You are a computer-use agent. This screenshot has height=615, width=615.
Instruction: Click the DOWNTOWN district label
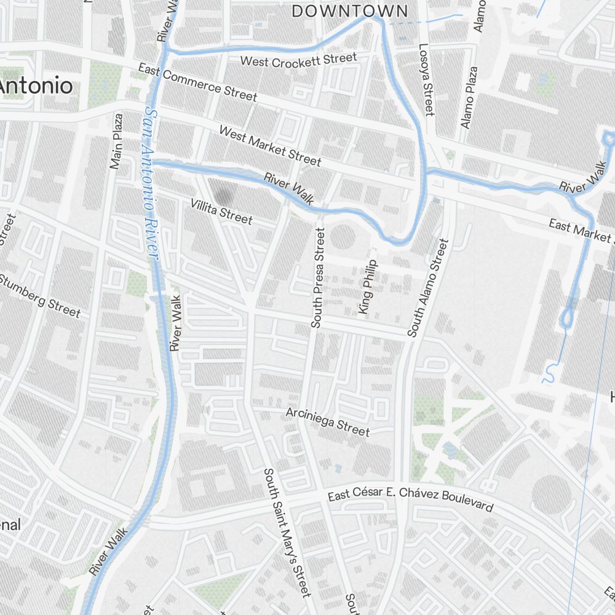(349, 11)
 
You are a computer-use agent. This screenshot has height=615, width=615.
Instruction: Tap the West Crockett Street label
(298, 60)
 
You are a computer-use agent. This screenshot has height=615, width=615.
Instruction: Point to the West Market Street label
(270, 146)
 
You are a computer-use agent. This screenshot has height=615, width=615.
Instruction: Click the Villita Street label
(221, 211)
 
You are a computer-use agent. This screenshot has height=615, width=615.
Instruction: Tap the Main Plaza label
(117, 141)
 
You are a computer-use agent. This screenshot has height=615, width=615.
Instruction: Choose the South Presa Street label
(317, 278)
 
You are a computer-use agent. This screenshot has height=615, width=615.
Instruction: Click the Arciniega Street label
(328, 421)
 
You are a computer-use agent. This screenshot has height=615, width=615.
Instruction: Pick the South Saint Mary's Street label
(288, 532)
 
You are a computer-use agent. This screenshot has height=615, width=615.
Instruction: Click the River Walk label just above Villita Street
(289, 189)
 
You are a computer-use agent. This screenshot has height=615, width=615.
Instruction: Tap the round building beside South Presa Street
(343, 237)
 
